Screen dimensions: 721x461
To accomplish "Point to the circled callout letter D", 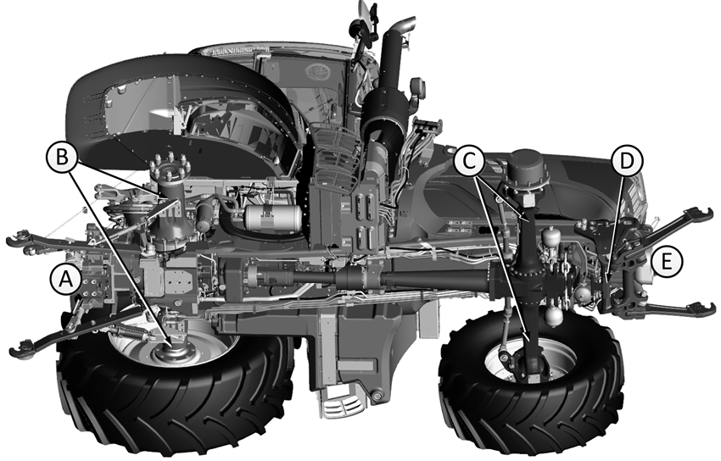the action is coord(627,161).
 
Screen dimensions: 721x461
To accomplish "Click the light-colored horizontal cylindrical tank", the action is coord(273,218).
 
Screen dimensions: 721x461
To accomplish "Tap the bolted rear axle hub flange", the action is coord(170,169).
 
